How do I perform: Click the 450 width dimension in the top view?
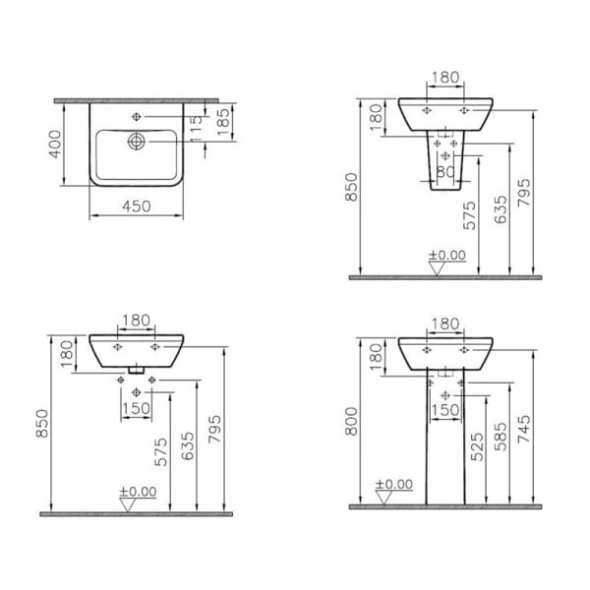click(137, 206)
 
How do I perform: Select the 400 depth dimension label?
click(55, 145)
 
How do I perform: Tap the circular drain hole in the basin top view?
click(137, 142)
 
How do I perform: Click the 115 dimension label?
click(197, 129)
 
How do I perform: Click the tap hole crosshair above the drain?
click(137, 117)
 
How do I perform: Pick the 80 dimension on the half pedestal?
click(445, 171)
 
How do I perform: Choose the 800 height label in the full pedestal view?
click(351, 421)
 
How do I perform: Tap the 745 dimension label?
click(523, 428)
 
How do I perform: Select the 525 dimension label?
click(477, 446)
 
